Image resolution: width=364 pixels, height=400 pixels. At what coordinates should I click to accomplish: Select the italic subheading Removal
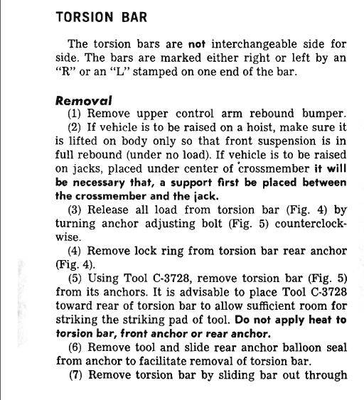[x=84, y=101]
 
